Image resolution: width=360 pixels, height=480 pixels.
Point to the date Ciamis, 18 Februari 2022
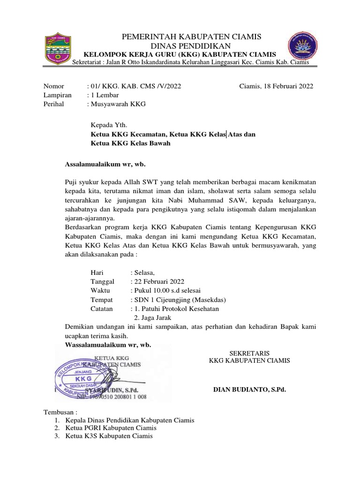pos(276,86)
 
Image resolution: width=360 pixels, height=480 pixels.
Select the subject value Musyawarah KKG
pos(118,104)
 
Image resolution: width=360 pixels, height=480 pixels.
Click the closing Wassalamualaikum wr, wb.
pos(107,345)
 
